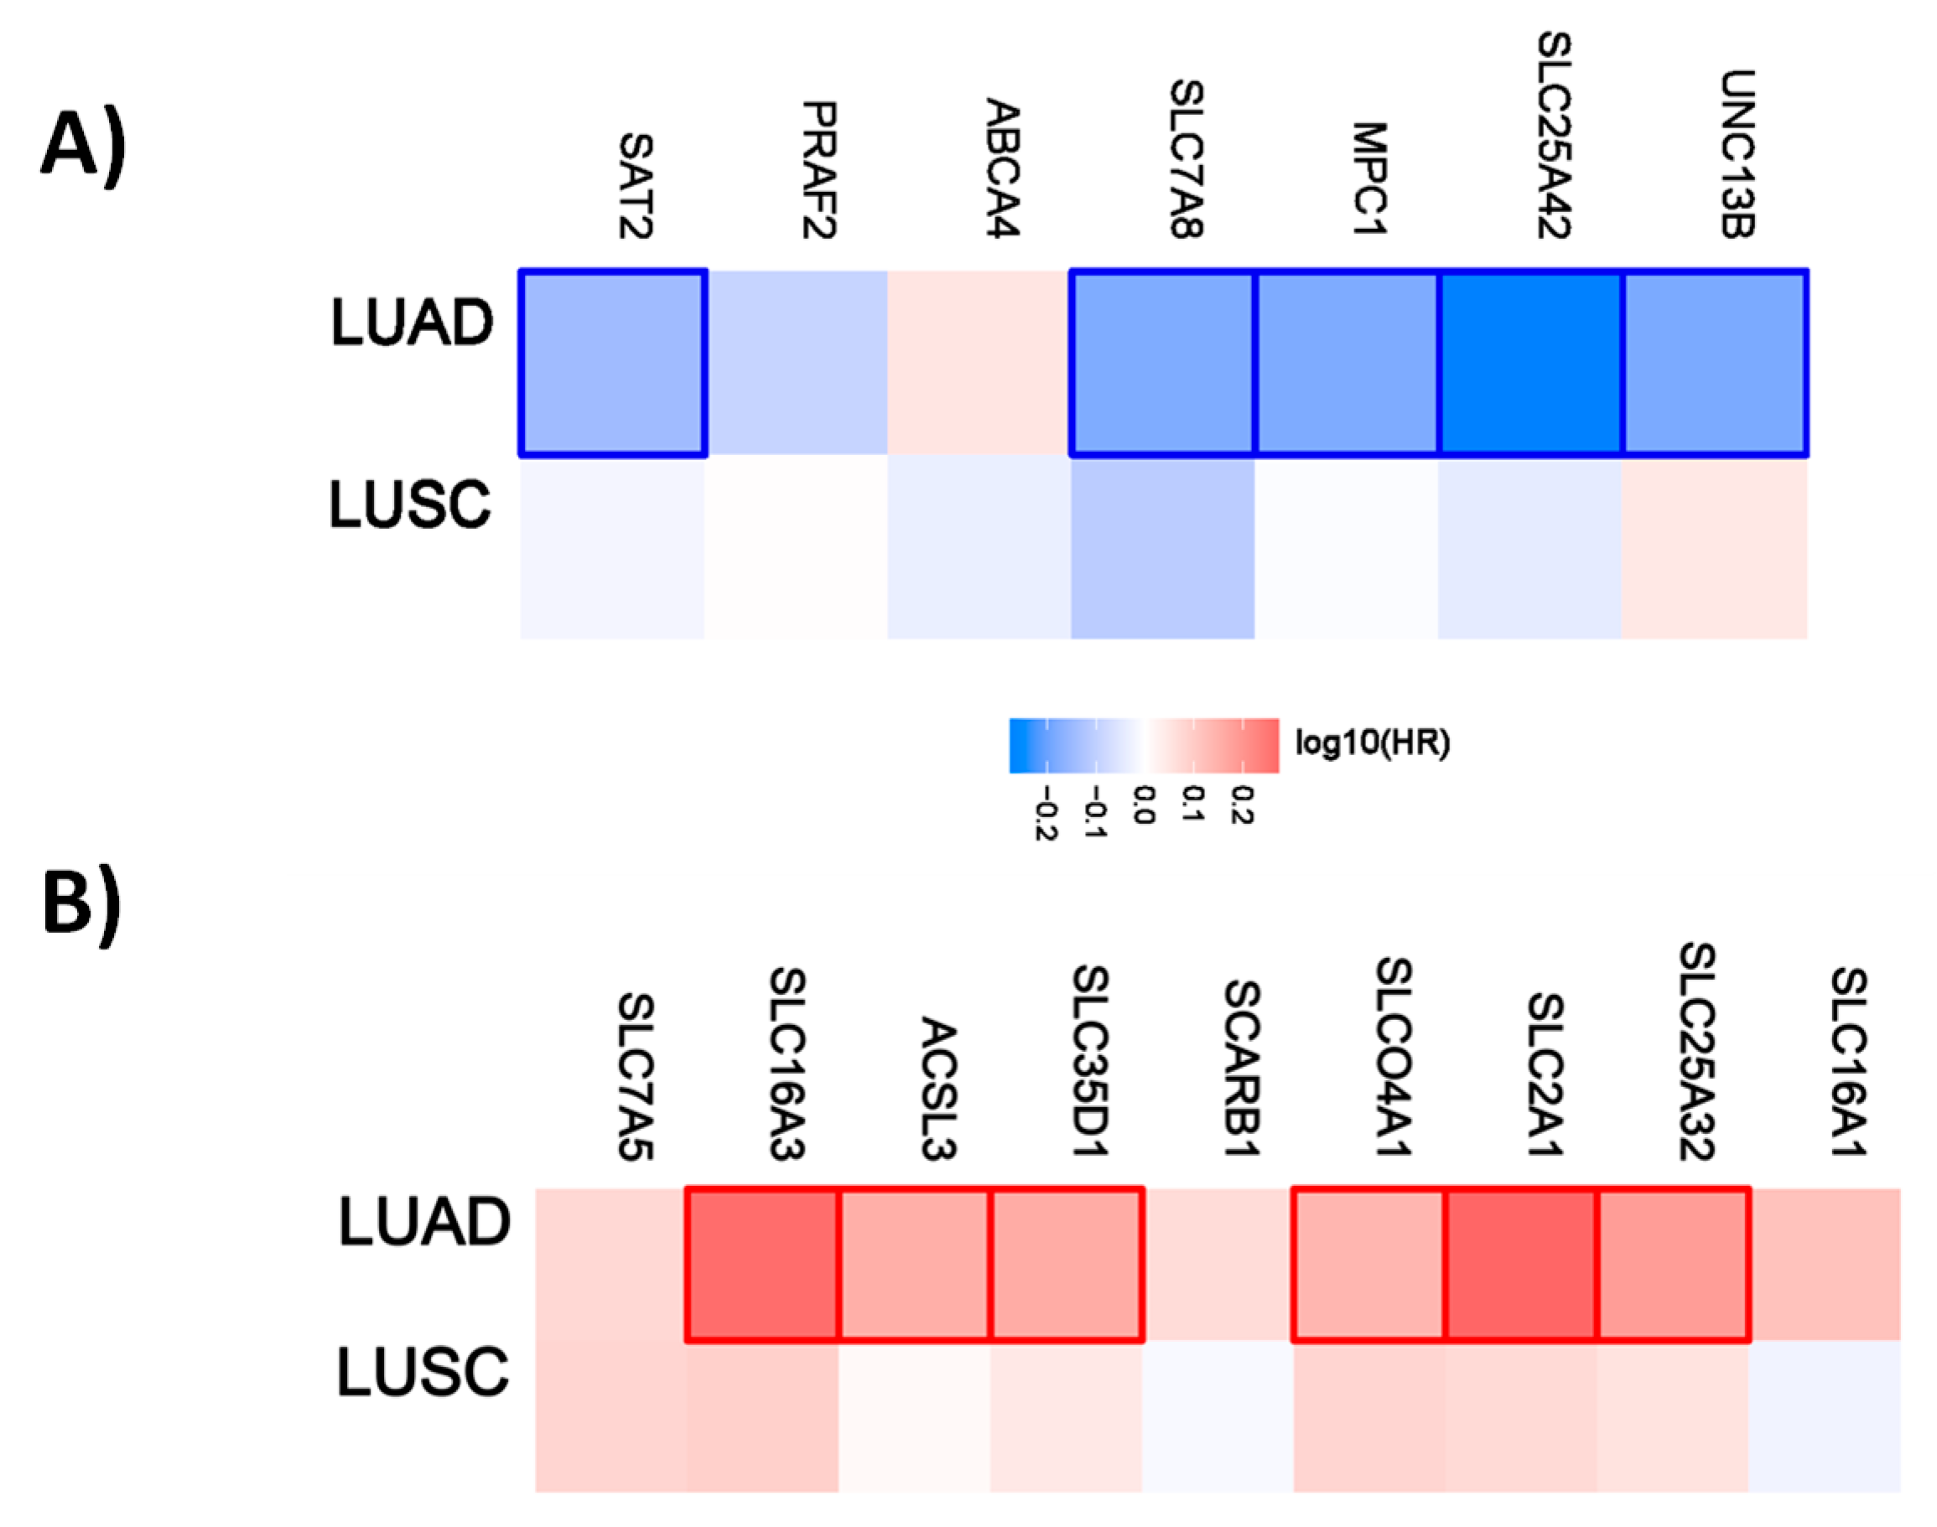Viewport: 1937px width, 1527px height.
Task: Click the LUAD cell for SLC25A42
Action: coord(1530,363)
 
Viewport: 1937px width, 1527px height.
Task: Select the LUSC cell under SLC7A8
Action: coord(1162,548)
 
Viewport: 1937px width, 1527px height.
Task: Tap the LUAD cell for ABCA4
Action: coord(979,363)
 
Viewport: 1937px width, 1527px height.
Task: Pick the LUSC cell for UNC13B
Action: coord(1713,548)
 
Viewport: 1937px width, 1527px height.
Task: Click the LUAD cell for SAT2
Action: coord(613,363)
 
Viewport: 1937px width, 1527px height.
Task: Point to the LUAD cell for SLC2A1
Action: coord(1520,1264)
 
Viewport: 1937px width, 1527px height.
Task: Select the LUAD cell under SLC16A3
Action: coord(762,1264)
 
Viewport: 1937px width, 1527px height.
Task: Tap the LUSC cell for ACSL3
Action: coord(914,1416)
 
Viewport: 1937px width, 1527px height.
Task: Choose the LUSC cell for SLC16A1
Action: coord(1825,1416)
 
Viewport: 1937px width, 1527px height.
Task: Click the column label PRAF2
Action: coord(818,170)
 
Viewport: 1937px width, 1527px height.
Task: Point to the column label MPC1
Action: coord(1369,179)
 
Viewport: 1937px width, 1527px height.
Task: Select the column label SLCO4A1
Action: coord(1394,1057)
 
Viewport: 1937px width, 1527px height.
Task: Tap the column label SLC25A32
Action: coord(1696,1050)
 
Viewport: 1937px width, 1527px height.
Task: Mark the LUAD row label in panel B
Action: coord(424,1222)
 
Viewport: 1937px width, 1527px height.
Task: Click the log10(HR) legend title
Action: coord(1373,743)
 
